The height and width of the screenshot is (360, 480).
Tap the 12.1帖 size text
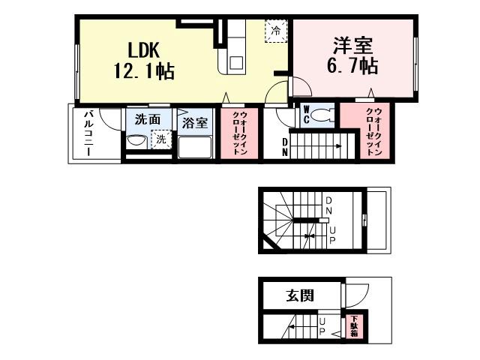pyautogui.click(x=144, y=72)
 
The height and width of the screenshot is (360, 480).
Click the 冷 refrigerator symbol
pyautogui.click(x=277, y=31)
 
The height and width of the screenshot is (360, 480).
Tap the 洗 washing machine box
pyautogui.click(x=160, y=139)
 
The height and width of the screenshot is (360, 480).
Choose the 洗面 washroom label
pyautogui.click(x=147, y=118)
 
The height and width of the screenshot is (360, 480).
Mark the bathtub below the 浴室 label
pyautogui.click(x=195, y=145)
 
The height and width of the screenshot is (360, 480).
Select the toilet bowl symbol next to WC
pyautogui.click(x=323, y=115)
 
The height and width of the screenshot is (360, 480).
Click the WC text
pyautogui.click(x=306, y=115)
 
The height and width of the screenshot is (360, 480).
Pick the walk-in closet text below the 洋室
pyautogui.click(x=373, y=130)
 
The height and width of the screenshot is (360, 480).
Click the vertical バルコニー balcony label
pyautogui.click(x=88, y=133)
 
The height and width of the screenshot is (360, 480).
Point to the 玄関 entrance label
pyautogui.click(x=299, y=295)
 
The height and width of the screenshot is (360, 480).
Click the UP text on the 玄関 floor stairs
pyautogui.click(x=323, y=328)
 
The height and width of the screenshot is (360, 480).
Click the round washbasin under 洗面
pyautogui.click(x=137, y=139)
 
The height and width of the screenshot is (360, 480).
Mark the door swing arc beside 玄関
pyautogui.click(x=356, y=292)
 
